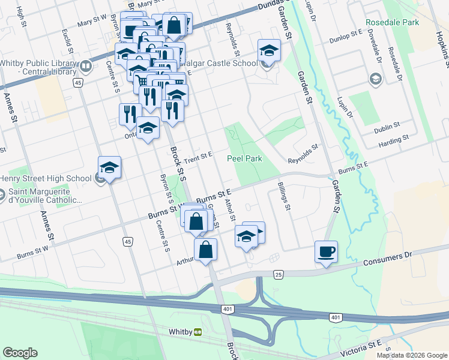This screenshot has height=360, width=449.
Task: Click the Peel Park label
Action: point(244,159)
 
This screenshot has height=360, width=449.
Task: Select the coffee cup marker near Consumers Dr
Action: point(326,251)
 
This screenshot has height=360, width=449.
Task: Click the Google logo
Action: point(20,353)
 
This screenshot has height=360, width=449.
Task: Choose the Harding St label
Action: point(394,139)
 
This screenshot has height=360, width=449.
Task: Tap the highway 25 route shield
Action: point(278,274)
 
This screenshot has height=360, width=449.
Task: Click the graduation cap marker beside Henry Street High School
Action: point(110,168)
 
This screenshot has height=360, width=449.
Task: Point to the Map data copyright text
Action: point(411,355)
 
